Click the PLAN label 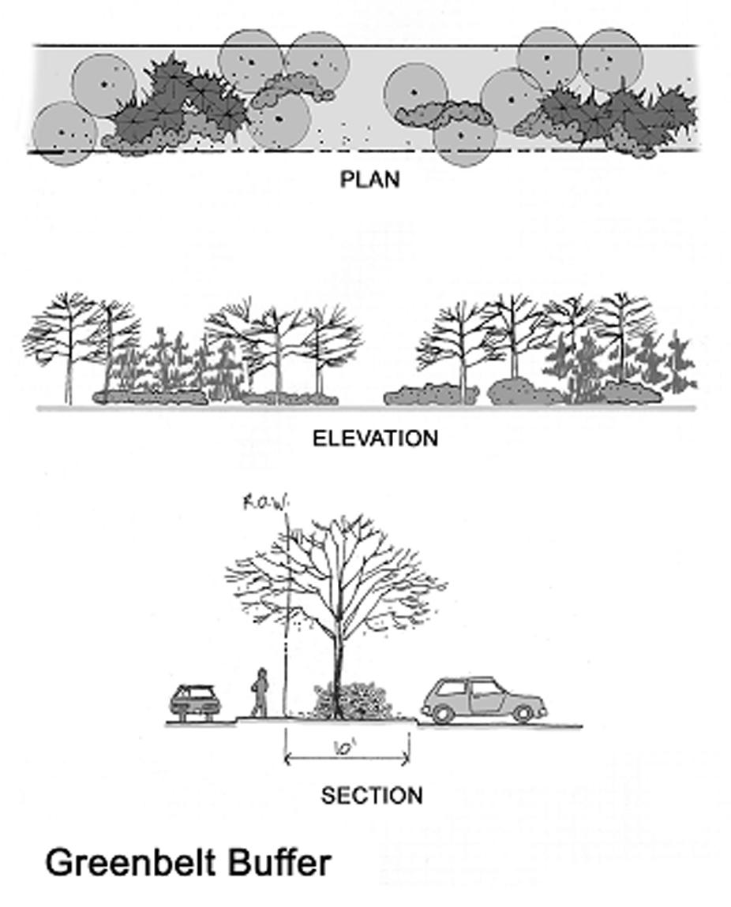pos(369,180)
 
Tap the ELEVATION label pos(375,439)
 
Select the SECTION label pos(372,796)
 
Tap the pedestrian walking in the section pos(259,692)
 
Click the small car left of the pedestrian pos(193,701)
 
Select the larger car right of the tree pos(483,700)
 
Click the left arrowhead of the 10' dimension pos(287,760)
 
